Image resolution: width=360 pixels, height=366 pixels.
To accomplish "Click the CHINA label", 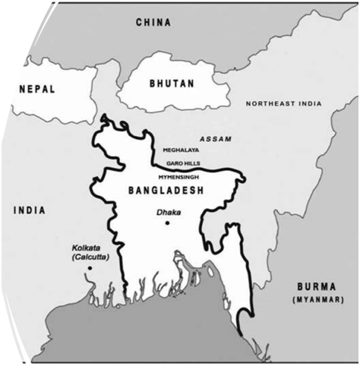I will click(x=153, y=23).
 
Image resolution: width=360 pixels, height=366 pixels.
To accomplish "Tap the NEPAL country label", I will click(x=36, y=90).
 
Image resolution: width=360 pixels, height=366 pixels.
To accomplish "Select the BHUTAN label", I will click(x=171, y=84).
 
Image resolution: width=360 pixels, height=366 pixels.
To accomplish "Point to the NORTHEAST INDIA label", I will click(x=283, y=103).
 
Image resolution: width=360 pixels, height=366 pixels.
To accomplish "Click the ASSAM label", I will click(x=216, y=140).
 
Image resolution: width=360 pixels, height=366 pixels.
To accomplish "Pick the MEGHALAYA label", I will click(x=181, y=150).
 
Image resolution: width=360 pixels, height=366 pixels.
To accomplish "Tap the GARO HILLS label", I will click(x=182, y=163).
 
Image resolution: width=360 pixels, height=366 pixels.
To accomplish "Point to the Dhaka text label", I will click(x=169, y=213).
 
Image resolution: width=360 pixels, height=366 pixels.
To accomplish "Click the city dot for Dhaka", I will click(x=167, y=222).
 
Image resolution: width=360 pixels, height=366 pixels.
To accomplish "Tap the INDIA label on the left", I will click(x=30, y=210).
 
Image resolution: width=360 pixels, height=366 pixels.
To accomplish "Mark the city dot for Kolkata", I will click(x=90, y=268).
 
